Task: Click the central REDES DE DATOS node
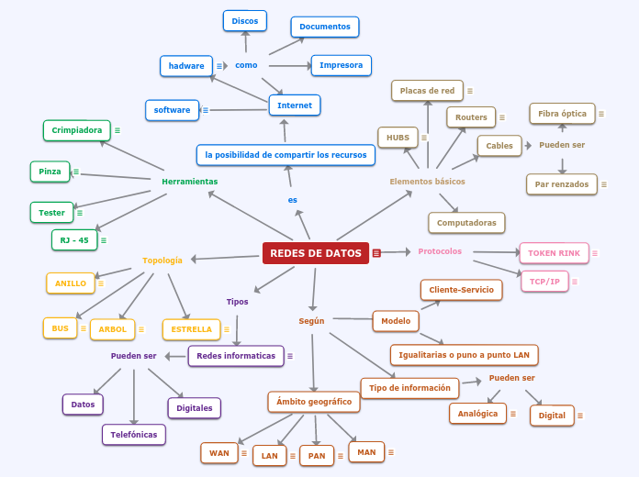coord(316,253)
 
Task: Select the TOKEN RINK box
coord(554,253)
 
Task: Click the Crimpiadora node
coord(77,130)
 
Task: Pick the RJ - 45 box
coord(74,240)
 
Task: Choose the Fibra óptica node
coord(562,114)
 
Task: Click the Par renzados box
coord(562,184)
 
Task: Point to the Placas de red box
coord(427,91)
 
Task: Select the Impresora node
coord(341,65)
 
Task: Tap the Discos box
coord(245,20)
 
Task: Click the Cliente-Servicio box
coord(462,290)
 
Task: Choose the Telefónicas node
coord(134,435)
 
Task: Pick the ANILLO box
coord(71,283)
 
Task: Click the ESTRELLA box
coord(192,329)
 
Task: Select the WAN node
coord(219,453)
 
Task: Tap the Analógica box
coord(478,414)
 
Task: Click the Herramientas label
coord(190,182)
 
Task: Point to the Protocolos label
coord(440,251)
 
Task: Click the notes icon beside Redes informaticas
coord(290,356)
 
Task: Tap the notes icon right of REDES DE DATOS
coord(376,253)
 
